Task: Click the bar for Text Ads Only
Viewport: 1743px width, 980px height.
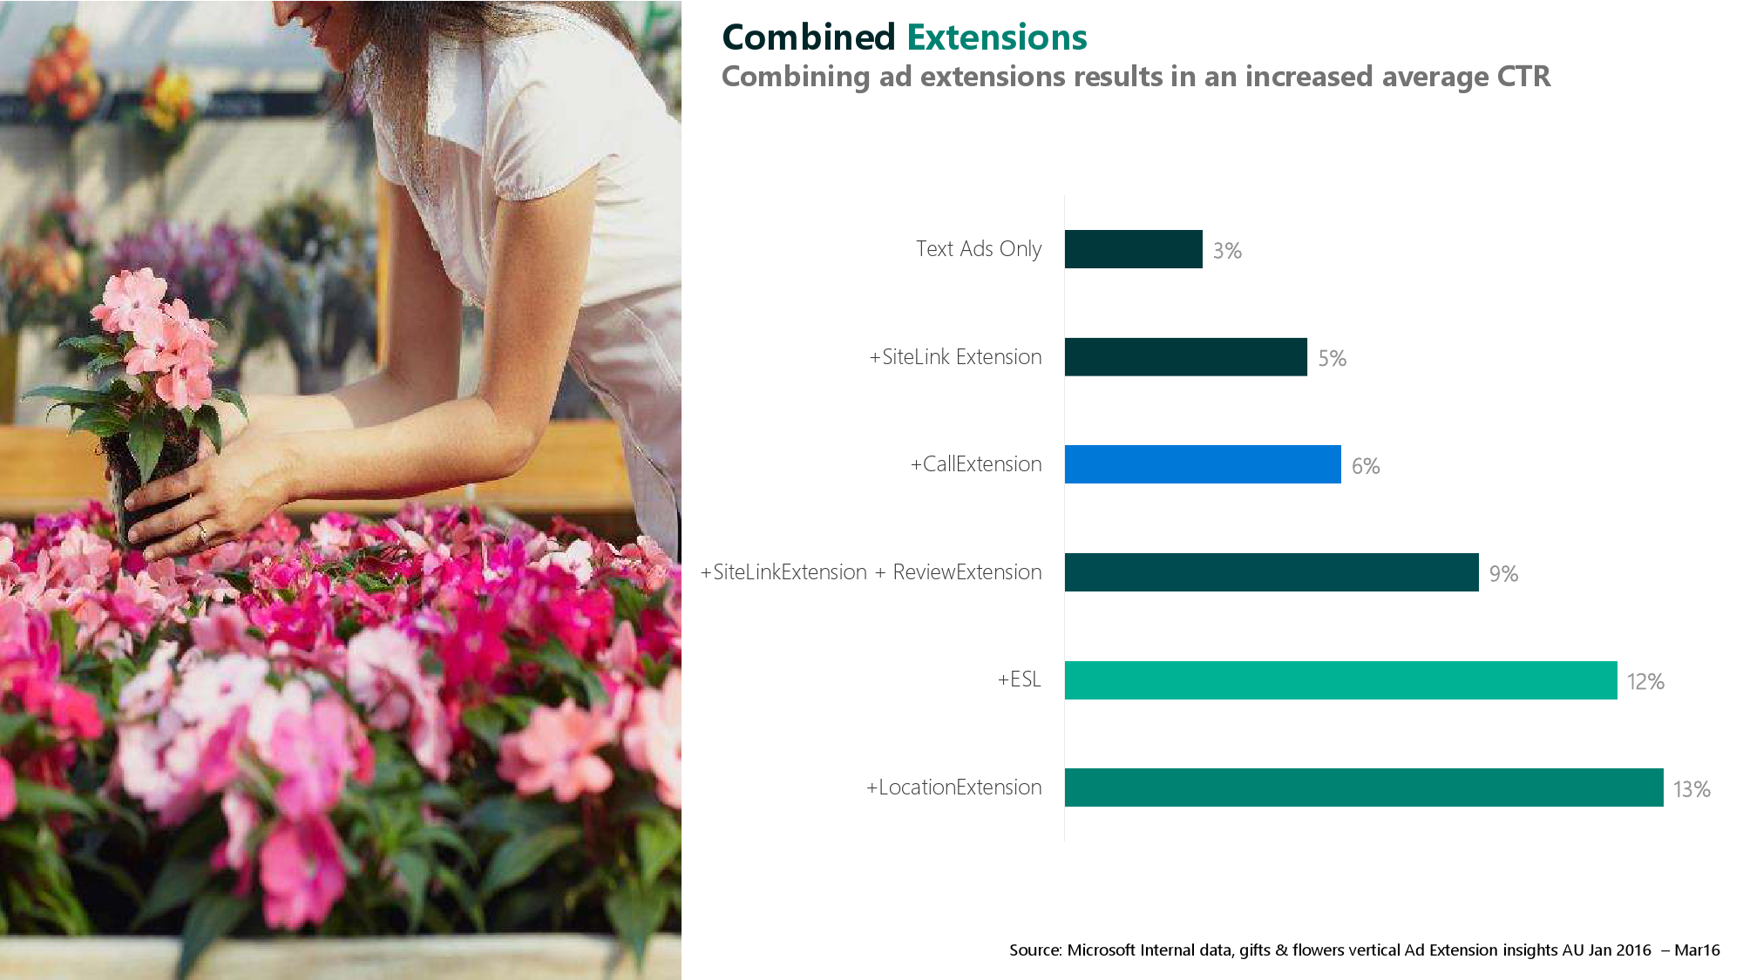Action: click(x=1133, y=249)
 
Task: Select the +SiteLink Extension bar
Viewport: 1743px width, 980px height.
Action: click(x=1186, y=357)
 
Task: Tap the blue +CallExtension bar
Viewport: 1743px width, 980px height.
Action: click(x=1203, y=464)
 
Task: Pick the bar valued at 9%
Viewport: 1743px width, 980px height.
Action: click(x=1272, y=572)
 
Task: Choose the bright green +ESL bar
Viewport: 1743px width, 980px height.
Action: click(x=1340, y=680)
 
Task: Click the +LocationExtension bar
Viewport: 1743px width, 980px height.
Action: click(x=1364, y=787)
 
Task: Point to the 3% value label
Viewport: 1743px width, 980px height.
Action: click(x=1227, y=251)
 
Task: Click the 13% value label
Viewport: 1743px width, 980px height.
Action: click(x=1692, y=789)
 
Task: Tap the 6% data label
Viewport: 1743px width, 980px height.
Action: click(x=1366, y=466)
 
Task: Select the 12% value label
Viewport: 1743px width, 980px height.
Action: click(x=1645, y=681)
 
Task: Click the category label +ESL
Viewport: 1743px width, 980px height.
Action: click(x=1020, y=679)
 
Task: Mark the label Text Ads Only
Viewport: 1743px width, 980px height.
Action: click(x=979, y=249)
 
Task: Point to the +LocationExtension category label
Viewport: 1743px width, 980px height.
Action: click(x=954, y=787)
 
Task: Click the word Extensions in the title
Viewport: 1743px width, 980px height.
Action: click(x=997, y=37)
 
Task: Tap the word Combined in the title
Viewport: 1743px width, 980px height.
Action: click(x=809, y=37)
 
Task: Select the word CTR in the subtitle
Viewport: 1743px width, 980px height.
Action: click(x=1523, y=77)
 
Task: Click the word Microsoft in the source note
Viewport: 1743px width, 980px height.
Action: click(x=1102, y=950)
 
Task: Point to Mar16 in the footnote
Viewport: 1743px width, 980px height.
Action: click(x=1697, y=950)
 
